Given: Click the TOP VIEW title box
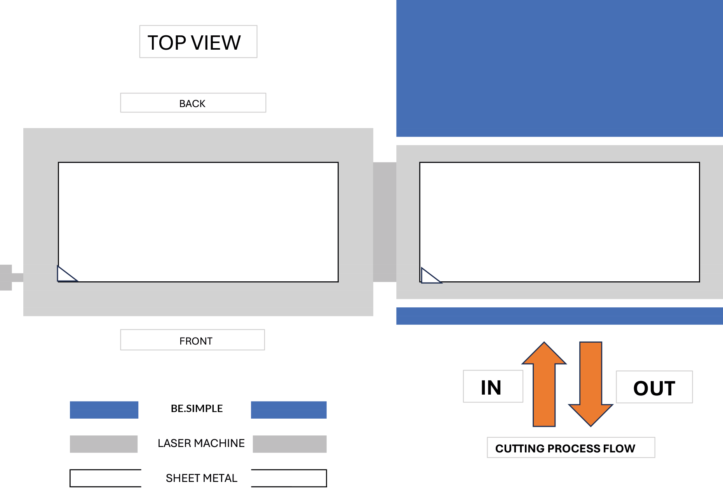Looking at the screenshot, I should point(198,42).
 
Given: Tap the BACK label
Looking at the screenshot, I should point(193,103).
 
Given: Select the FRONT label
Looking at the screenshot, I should point(193,340).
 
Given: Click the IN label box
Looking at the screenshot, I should point(493,386).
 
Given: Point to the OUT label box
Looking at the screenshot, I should point(654,387).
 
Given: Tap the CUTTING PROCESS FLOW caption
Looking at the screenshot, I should point(570,448).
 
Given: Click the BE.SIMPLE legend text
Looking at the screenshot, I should point(197,409).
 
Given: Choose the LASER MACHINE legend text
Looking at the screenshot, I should point(201,443).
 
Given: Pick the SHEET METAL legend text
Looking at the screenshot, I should point(201,478).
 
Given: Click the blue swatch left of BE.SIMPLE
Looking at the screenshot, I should point(104,410).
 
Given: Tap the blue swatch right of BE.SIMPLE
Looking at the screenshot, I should point(289,410).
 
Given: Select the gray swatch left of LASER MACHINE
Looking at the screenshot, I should point(104,444).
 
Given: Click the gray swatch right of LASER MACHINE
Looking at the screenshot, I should point(289,444).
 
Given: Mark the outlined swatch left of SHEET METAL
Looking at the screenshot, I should point(105,478).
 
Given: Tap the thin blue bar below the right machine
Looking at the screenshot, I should point(559,316).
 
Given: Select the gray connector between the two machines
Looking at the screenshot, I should point(385,222).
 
